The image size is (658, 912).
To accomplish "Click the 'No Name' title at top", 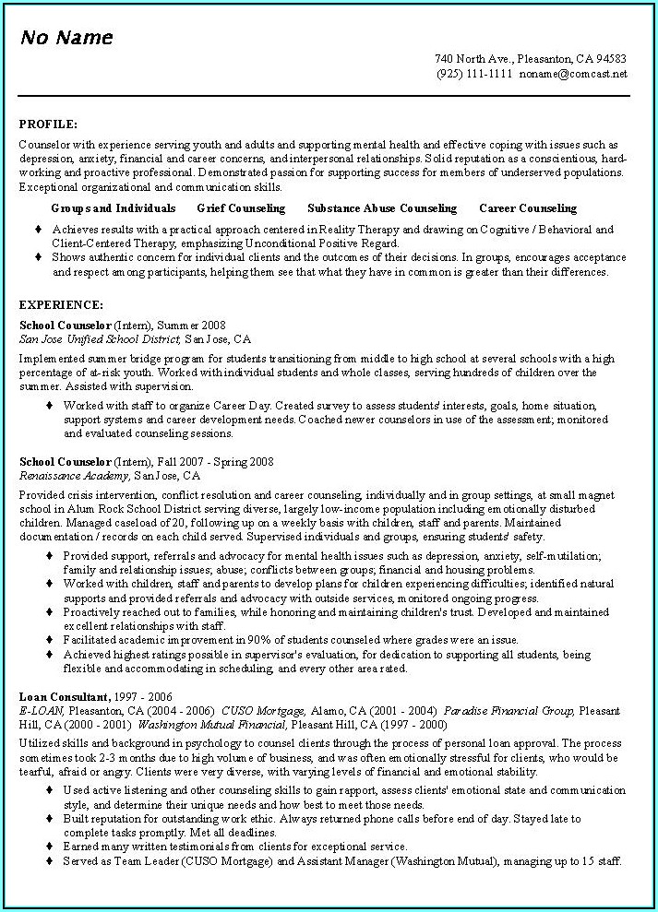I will click(x=66, y=38).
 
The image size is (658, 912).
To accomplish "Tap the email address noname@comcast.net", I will click(x=572, y=73).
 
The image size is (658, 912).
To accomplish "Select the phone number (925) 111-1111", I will click(x=474, y=73).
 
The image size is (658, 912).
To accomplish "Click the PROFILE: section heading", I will click(x=48, y=124).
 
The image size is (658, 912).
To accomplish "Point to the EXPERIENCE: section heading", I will click(x=61, y=304).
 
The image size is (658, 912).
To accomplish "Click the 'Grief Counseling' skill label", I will click(x=241, y=208).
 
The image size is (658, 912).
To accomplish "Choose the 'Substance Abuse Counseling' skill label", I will click(x=382, y=208).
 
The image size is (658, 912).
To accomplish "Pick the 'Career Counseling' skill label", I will click(x=528, y=208).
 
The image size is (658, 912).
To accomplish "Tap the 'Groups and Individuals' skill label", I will click(x=114, y=208).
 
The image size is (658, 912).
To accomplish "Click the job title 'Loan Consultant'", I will click(x=64, y=696).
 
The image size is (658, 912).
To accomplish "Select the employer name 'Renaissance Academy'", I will click(x=74, y=476).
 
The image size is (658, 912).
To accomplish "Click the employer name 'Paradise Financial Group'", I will click(x=509, y=711).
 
